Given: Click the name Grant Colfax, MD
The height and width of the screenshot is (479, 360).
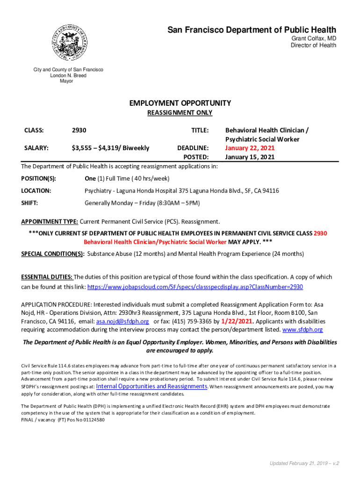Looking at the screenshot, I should pyautogui.click(x=314, y=38).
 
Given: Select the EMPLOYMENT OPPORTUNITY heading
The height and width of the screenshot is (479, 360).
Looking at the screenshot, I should pyautogui.click(x=180, y=103).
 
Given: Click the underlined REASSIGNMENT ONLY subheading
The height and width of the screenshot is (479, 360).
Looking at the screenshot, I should pyautogui.click(x=180, y=113).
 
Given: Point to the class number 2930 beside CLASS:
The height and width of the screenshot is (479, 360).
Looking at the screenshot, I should pyautogui.click(x=79, y=131).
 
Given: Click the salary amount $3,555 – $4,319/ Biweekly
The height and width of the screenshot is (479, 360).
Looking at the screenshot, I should pyautogui.click(x=110, y=148).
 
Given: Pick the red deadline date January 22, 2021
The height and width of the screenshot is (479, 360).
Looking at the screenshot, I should pyautogui.click(x=250, y=148).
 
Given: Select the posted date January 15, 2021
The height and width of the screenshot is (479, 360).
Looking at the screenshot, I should pyautogui.click(x=250, y=157).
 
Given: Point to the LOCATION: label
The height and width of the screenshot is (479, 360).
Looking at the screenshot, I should pyautogui.click(x=36, y=191).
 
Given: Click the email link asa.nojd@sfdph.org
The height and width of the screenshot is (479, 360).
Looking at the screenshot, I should pyautogui.click(x=122, y=322).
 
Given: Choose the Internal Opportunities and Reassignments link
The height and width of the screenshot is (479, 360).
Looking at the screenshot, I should pyautogui.click(x=151, y=386).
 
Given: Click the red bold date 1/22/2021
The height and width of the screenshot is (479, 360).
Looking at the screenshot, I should pyautogui.click(x=238, y=321).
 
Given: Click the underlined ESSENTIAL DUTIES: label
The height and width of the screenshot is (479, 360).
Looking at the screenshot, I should pyautogui.click(x=47, y=277).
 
